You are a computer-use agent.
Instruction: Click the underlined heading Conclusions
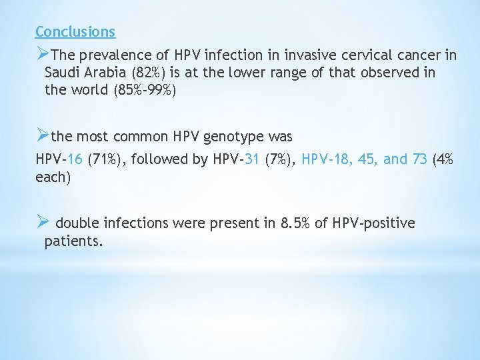[75, 31]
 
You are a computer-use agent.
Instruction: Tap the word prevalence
[110, 54]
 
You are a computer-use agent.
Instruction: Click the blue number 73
[418, 159]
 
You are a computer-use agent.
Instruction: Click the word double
[79, 223]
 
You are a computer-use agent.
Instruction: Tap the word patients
[73, 241]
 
